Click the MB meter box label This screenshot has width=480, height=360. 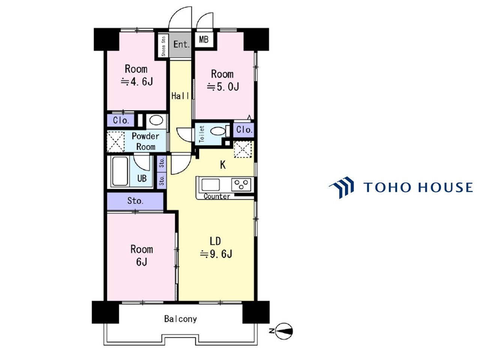pos(203,40)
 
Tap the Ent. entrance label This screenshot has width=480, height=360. pos(181,44)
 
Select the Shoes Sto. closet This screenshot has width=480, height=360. pos(163,46)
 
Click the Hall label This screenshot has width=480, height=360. pos(180,96)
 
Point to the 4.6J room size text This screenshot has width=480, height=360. pos(136,82)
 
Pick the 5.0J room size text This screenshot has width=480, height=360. pos(223,87)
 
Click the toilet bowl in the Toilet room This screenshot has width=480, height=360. pos(217,131)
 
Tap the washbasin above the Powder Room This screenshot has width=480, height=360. pos(156,120)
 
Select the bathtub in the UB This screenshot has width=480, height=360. pos(120,171)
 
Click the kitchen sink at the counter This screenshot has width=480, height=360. pos(210,185)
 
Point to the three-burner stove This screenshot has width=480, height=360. pos(241,185)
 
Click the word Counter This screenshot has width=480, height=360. pos(217,196)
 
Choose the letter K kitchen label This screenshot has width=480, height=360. pos(223,165)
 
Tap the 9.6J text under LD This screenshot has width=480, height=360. pos(216,254)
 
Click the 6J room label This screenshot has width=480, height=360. pos(142,262)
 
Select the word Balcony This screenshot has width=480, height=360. pos(180,319)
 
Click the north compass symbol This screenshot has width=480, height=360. pos(283,331)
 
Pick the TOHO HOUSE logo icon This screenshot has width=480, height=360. pos(342,187)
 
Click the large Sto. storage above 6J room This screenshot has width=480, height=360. pos(135,201)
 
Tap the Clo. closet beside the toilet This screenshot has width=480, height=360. pos(244,130)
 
